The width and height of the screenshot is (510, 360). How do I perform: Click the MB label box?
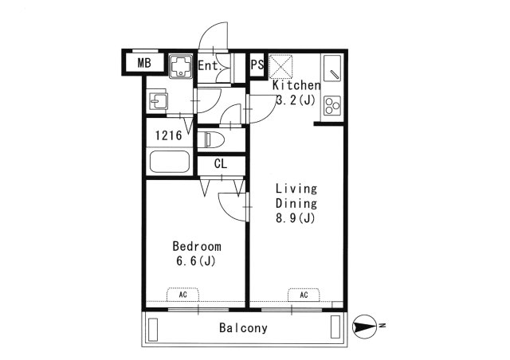click(143, 63)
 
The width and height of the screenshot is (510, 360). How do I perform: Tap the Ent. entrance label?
click(208, 65)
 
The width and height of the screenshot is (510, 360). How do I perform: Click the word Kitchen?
click(296, 85)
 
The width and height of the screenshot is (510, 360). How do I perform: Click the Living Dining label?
click(296, 196)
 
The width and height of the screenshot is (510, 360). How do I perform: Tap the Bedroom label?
click(196, 246)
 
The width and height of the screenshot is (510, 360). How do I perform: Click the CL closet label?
click(221, 164)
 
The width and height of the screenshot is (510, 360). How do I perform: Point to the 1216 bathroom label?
click(169, 135)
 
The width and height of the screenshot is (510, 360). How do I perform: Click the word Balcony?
click(243, 328)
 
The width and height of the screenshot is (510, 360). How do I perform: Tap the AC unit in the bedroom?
click(182, 294)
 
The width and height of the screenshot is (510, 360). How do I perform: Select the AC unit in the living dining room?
click(304, 294)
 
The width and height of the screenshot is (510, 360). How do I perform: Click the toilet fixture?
click(214, 141)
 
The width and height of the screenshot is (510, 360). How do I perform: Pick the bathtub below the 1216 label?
click(169, 163)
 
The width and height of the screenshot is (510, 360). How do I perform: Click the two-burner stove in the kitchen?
click(331, 105)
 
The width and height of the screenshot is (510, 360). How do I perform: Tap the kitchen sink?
click(333, 70)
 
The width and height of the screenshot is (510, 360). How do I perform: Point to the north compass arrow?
click(364, 325)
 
